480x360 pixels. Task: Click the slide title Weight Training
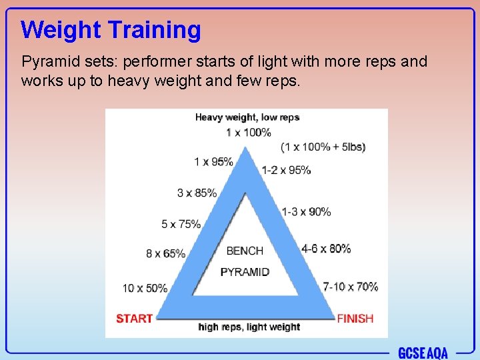(111, 30)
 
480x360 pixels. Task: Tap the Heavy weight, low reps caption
(247, 117)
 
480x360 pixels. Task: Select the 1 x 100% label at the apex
(248, 133)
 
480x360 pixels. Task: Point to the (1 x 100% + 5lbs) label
(323, 147)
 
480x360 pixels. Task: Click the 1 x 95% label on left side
(213, 161)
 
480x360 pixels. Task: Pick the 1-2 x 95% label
(287, 170)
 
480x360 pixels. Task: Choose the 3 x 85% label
(197, 193)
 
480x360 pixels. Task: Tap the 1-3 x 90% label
(306, 211)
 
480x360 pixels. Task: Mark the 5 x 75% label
(181, 224)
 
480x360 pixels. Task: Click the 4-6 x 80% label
(326, 249)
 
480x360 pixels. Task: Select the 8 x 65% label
(165, 254)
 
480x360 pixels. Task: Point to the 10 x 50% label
(145, 288)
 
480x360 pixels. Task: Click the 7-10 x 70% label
(350, 287)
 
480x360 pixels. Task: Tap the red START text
(134, 319)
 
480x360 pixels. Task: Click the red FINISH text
(355, 319)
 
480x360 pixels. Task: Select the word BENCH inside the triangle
(245, 251)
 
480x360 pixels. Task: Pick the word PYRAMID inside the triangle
(245, 272)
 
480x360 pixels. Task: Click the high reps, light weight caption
(249, 327)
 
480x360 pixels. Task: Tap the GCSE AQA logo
(423, 353)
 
